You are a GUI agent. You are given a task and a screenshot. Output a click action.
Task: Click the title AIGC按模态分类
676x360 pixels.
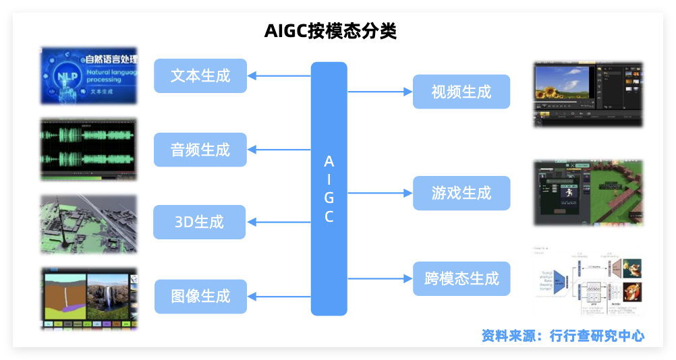(331, 31)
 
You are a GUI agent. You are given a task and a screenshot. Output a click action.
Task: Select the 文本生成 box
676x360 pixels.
(200, 76)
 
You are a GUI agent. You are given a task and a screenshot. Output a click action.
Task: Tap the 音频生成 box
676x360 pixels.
(200, 150)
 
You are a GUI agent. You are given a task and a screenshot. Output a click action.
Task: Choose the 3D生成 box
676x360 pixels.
(200, 222)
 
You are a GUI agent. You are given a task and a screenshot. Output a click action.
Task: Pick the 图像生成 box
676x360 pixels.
(200, 296)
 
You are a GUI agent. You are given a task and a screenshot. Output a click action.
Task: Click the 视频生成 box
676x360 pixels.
(461, 92)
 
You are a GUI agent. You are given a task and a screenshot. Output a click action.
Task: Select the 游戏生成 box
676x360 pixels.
(461, 193)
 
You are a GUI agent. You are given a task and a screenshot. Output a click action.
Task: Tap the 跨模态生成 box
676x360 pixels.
(461, 278)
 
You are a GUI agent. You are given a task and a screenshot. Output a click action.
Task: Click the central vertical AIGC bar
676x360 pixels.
(329, 189)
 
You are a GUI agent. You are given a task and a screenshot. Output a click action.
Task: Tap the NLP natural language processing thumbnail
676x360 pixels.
(89, 75)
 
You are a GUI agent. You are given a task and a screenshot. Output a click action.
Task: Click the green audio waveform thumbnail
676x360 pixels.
(89, 150)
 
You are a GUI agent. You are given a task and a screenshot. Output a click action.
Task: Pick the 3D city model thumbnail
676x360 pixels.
(89, 224)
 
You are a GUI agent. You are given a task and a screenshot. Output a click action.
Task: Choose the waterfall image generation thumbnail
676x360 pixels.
(89, 297)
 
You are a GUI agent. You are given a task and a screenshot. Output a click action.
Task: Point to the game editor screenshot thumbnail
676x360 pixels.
(588, 193)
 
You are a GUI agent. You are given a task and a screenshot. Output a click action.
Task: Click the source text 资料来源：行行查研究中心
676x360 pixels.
(563, 335)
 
